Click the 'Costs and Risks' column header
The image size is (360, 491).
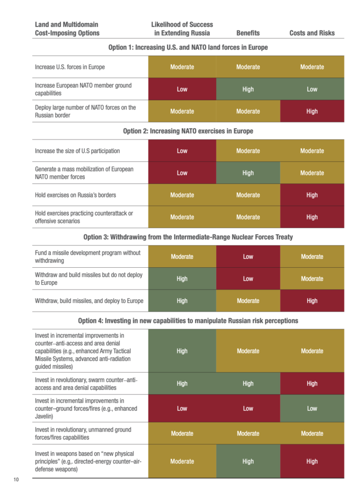tap(312, 33)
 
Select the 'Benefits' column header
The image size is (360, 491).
tap(248, 33)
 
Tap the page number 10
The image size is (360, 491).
tap(16, 480)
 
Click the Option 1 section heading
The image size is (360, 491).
tap(188, 47)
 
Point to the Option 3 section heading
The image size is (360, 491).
tap(188, 237)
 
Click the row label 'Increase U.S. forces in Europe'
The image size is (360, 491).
tap(70, 67)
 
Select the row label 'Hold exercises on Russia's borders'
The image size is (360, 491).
tap(76, 195)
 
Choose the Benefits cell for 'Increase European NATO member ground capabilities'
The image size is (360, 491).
tap(248, 89)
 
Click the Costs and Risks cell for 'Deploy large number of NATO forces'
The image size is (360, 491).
tap(312, 111)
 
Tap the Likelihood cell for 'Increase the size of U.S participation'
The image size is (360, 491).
tap(182, 150)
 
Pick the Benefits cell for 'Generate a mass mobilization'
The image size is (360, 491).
tap(248, 173)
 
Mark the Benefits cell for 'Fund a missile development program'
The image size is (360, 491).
tap(248, 256)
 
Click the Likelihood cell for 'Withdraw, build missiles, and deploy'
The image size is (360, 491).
tap(182, 301)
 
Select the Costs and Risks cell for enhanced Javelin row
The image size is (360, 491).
tap(312, 408)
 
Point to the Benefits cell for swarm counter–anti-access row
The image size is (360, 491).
tap(248, 383)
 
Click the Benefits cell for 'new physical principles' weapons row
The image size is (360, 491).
tap(248, 461)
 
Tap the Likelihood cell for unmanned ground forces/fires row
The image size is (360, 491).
tap(182, 434)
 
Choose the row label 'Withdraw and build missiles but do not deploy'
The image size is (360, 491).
tap(88, 279)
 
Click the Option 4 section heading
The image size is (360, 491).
tap(188, 320)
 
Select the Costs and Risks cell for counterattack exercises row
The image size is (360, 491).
tap(312, 217)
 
